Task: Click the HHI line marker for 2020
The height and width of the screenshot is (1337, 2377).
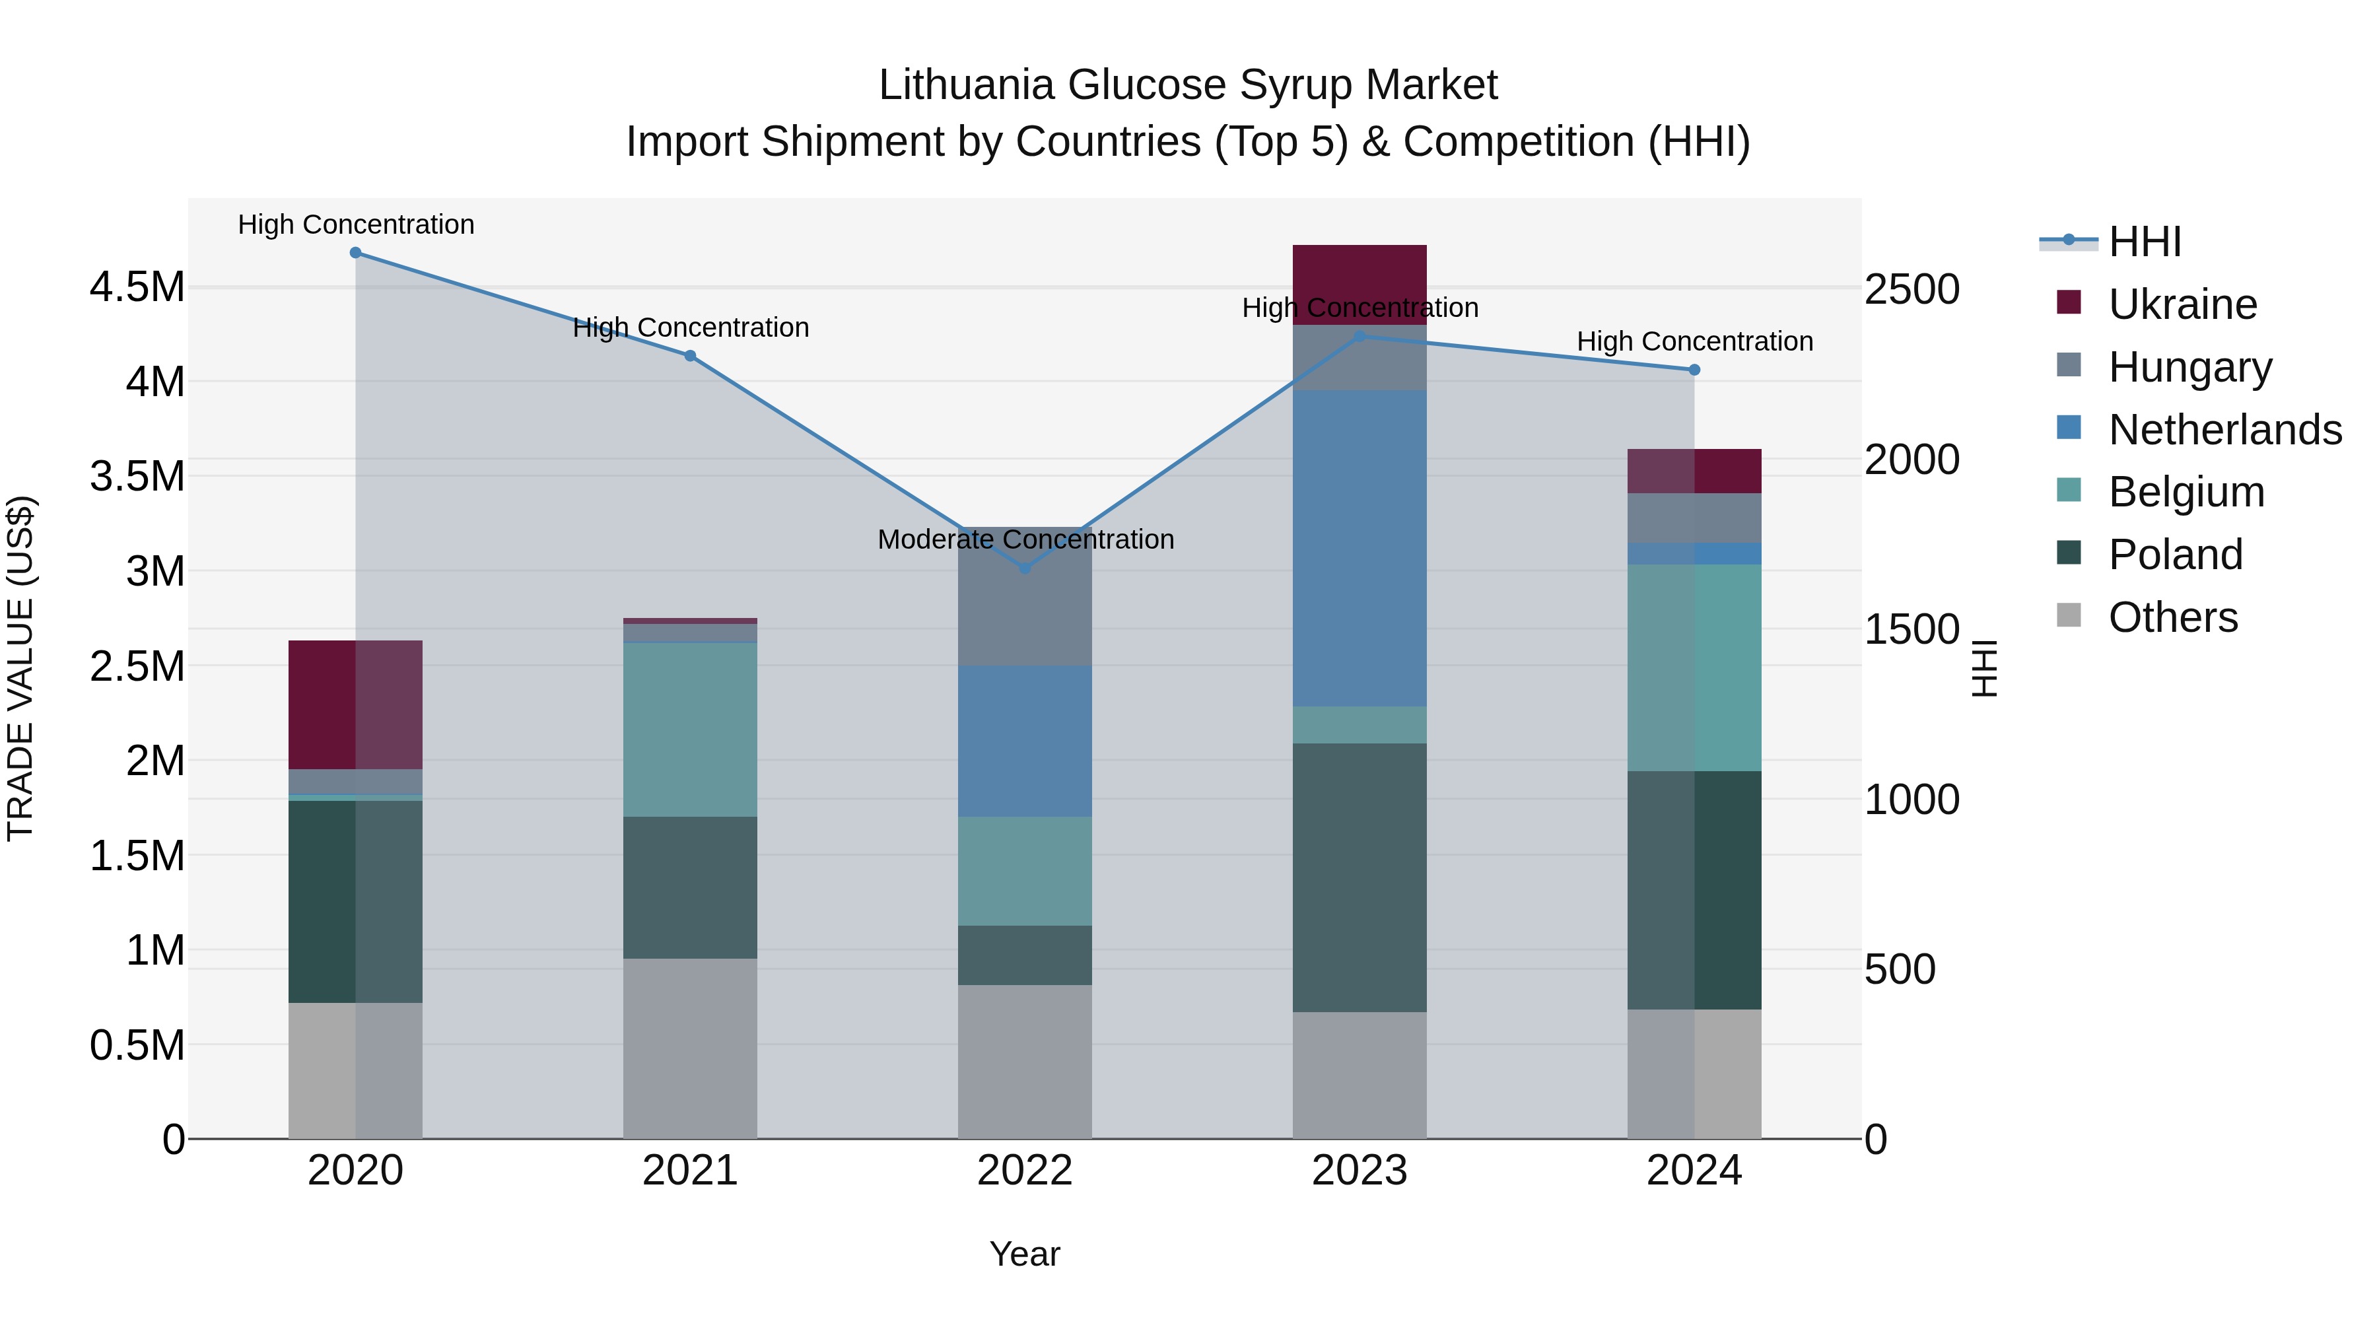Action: (x=355, y=253)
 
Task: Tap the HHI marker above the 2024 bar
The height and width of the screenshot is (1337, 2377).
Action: (x=1694, y=370)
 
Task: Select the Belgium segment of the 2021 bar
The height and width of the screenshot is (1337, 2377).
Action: (x=690, y=729)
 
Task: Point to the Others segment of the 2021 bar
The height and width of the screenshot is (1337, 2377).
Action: (x=690, y=1048)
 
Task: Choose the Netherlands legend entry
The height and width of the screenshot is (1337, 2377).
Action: (x=2224, y=430)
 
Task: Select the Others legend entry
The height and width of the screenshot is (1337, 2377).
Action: (x=2172, y=617)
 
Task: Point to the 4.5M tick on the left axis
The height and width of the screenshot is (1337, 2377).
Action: (x=137, y=287)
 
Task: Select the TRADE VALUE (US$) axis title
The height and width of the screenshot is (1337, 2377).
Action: (x=20, y=668)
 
